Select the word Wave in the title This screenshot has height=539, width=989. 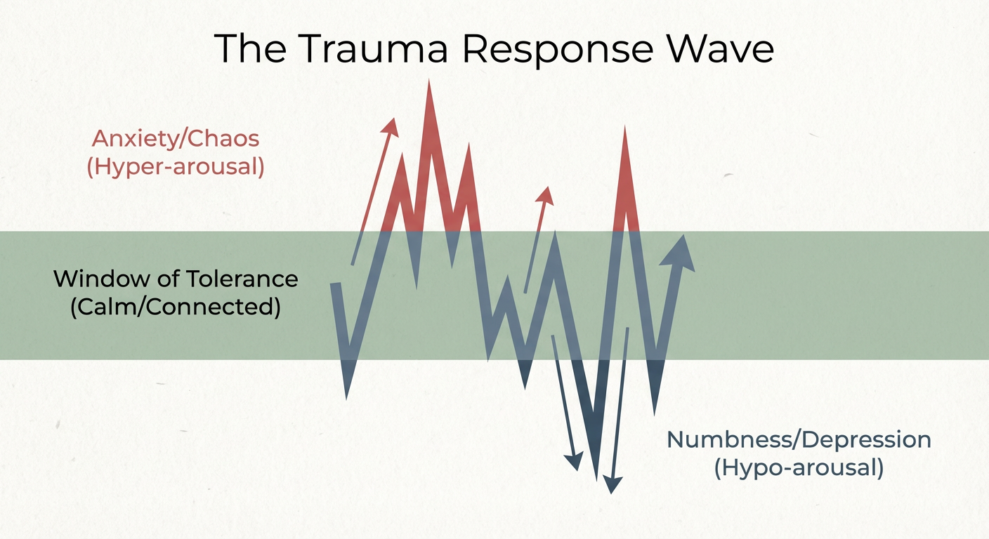(x=721, y=48)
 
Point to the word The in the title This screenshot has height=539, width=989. (x=250, y=48)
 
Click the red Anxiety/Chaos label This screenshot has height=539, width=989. (x=176, y=138)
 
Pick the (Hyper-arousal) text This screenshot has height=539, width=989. (x=176, y=167)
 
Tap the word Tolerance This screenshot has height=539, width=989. (x=242, y=279)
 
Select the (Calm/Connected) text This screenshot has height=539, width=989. (x=176, y=307)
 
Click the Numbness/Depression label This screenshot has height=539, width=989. (x=799, y=440)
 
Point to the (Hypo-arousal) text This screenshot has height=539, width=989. (x=799, y=467)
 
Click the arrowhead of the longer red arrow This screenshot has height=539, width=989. (x=391, y=126)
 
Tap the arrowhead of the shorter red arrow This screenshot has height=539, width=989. (x=545, y=194)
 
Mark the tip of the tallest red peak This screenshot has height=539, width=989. (x=428, y=80)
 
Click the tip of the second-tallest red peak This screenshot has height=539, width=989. (x=624, y=127)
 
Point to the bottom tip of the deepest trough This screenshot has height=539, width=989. (x=596, y=479)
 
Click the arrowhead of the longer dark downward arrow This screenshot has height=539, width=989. (x=613, y=485)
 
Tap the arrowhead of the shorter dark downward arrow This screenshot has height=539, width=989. (x=575, y=461)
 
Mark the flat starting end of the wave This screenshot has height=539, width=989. (x=336, y=284)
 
